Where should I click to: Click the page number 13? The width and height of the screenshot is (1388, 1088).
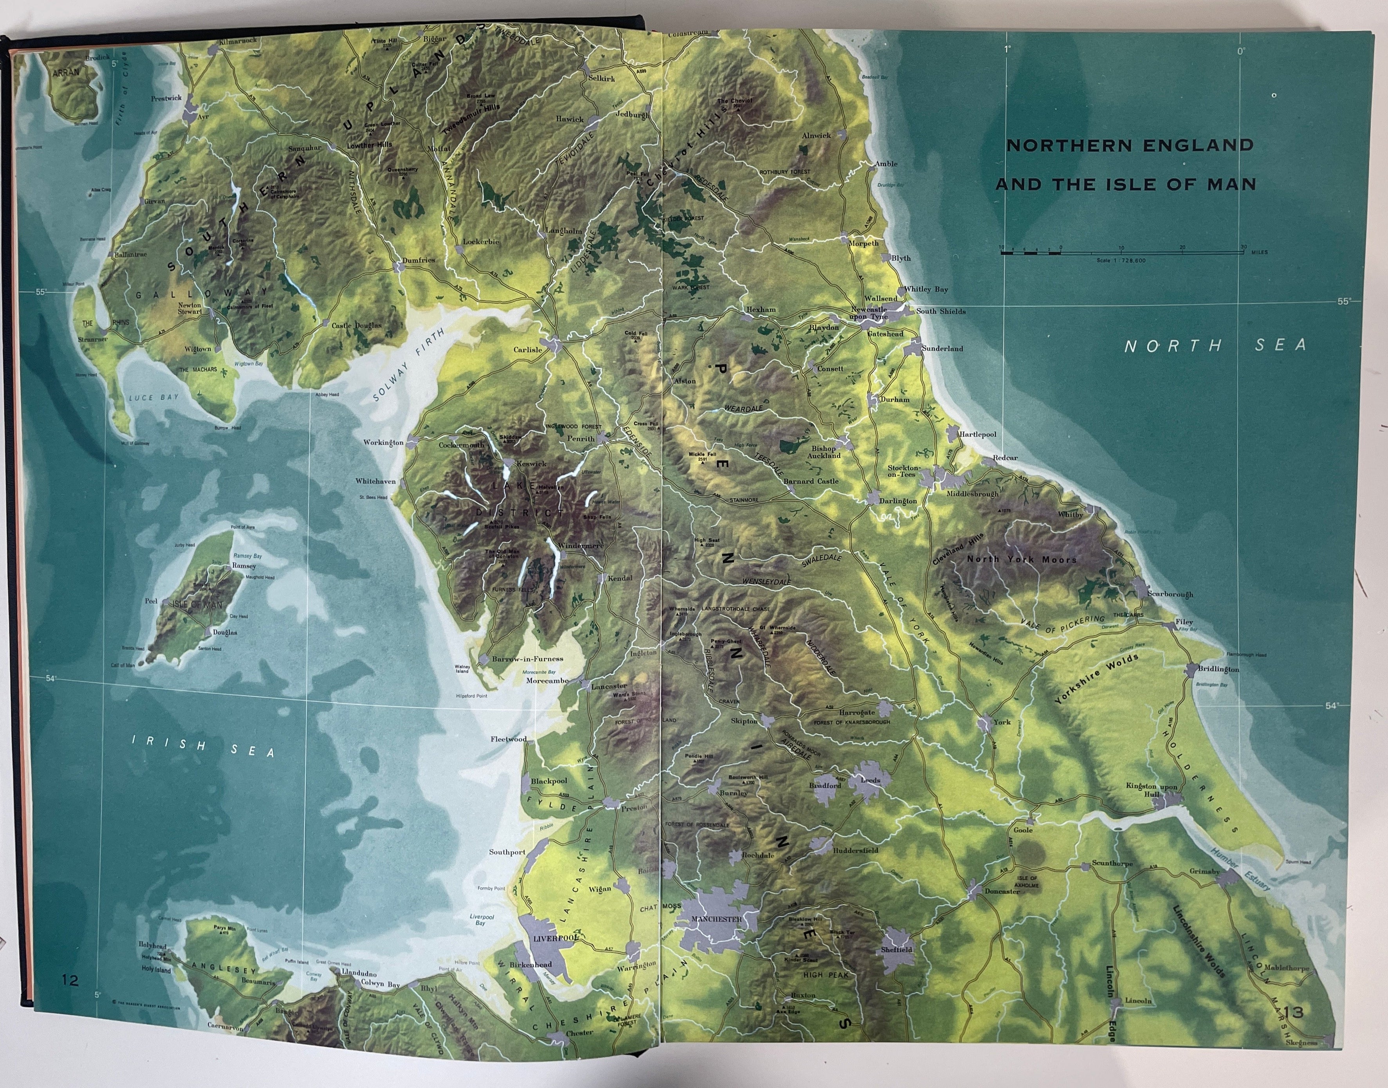1294,1012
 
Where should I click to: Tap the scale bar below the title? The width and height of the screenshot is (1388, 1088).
1121,253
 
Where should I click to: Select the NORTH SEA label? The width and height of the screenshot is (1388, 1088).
1215,346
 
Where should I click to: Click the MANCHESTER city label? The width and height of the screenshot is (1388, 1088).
717,919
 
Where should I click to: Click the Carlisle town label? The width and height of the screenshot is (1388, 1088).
528,350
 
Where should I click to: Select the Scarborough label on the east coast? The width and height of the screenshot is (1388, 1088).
1170,594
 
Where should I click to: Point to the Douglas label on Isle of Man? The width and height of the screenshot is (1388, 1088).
225,633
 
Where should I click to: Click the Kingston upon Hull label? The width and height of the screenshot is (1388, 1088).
1152,790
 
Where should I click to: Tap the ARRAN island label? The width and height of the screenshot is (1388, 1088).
66,72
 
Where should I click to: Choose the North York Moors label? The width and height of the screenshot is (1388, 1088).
1022,559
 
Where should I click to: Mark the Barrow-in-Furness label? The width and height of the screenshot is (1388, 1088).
527,659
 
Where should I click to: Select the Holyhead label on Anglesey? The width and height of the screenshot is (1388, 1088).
153,946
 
